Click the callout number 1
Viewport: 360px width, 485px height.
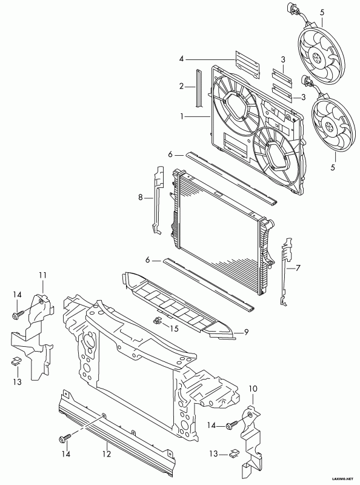coord(183,116)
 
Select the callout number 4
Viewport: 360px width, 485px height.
coord(182,58)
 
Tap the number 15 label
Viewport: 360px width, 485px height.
coord(175,328)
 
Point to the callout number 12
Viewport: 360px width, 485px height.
coord(107,454)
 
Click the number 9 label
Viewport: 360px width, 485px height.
coord(246,332)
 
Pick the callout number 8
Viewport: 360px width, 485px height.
coord(141,198)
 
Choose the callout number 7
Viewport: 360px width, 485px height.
coord(298,268)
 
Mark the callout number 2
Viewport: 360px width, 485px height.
coord(182,86)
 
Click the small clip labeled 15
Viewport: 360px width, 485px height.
coord(158,320)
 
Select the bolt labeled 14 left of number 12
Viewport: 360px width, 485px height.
coord(65,438)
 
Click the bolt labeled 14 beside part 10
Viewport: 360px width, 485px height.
coord(232,425)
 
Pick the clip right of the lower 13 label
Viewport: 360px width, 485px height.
coord(234,454)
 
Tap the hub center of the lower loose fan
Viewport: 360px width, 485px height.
coord(329,126)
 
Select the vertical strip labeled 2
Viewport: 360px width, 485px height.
coord(199,88)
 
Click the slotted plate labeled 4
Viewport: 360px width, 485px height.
coord(247,64)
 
